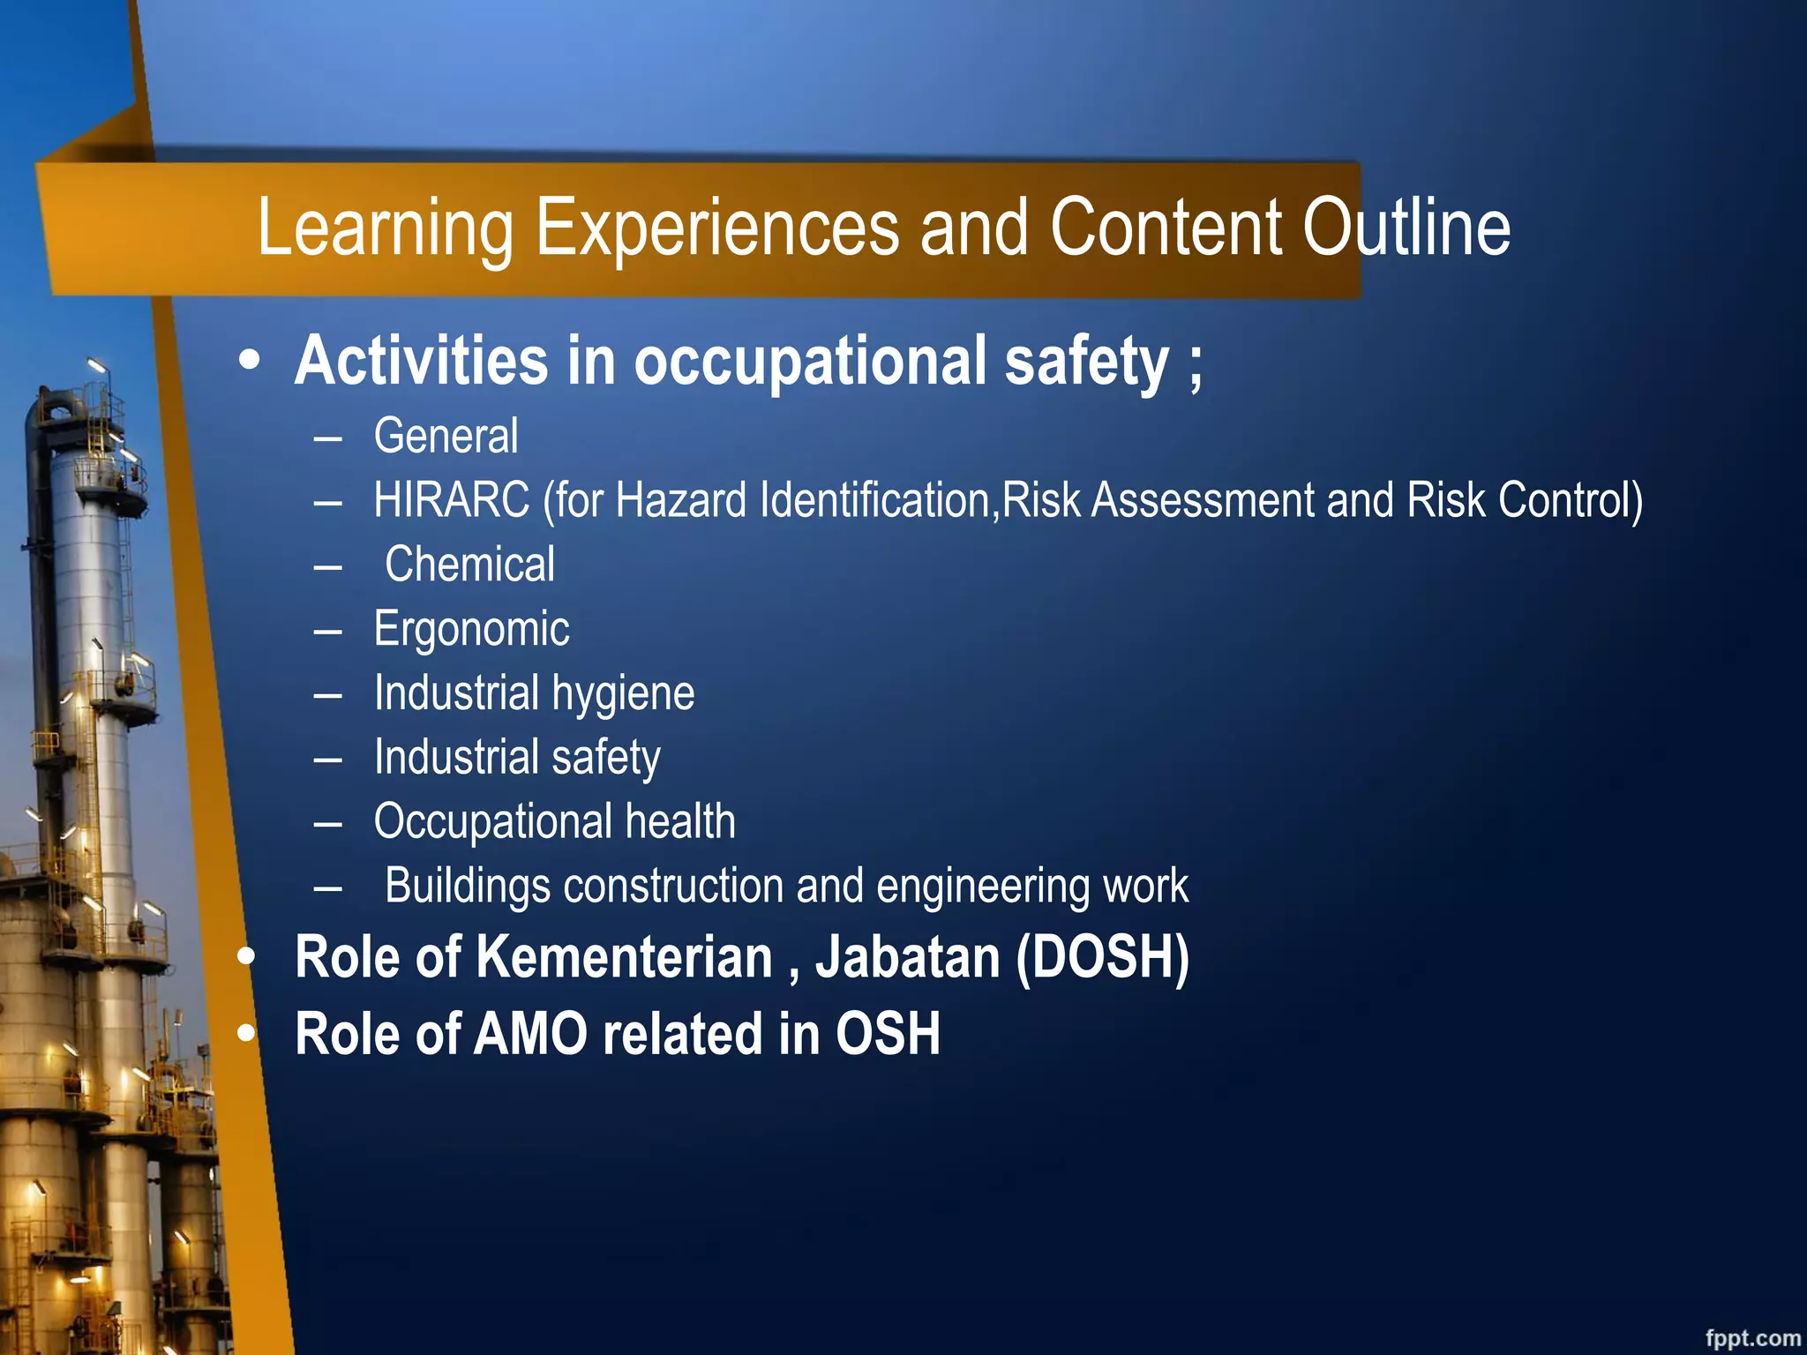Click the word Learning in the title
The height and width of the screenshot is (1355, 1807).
(x=385, y=228)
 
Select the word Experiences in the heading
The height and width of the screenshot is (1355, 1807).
(x=717, y=228)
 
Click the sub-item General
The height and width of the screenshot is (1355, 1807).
(x=446, y=436)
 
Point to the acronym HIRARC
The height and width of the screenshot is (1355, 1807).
(x=451, y=500)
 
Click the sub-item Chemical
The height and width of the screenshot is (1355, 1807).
(x=469, y=565)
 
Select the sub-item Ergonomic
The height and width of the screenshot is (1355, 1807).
(x=471, y=629)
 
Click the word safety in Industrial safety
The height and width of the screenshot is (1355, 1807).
(x=605, y=758)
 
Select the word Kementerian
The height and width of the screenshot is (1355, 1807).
(x=624, y=957)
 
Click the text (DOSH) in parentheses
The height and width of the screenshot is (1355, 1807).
(x=1102, y=957)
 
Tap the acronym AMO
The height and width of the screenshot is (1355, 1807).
(x=530, y=1034)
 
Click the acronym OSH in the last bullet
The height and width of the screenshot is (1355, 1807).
(x=888, y=1034)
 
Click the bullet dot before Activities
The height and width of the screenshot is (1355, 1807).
(x=250, y=361)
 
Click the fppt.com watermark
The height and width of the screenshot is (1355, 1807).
(x=1751, y=1337)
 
